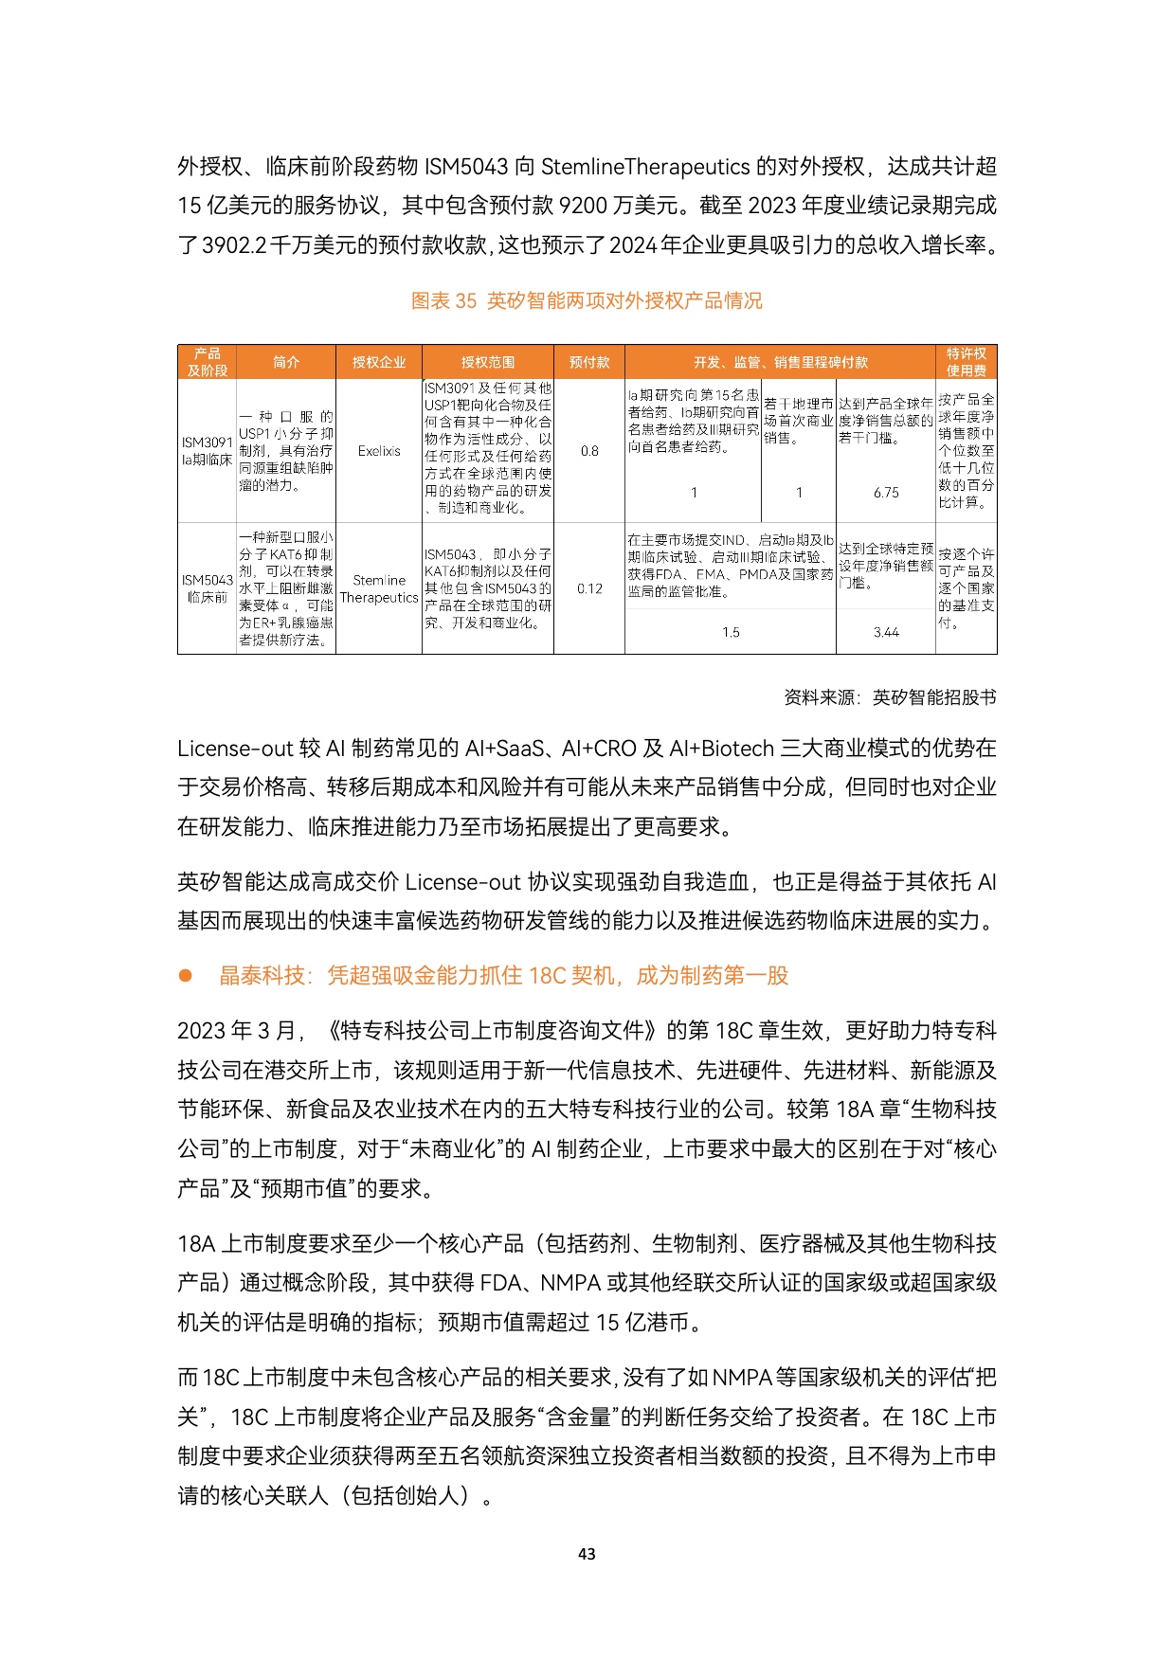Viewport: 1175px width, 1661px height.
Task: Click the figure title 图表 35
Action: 587,300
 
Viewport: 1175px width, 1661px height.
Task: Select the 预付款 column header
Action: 589,362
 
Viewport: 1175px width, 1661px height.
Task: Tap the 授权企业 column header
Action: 379,362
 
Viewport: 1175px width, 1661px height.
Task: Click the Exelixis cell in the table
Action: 379,451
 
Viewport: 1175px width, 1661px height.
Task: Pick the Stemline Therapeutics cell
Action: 379,588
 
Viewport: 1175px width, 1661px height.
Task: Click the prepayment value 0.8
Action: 589,451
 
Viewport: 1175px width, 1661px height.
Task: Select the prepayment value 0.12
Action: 589,588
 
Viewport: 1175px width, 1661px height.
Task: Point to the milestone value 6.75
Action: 886,493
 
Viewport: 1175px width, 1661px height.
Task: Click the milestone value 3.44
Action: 886,632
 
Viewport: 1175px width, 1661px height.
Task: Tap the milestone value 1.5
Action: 731,632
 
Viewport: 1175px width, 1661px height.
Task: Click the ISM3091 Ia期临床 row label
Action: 207,451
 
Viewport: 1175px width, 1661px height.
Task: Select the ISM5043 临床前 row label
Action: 207,588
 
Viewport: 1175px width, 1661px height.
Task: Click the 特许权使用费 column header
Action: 966,362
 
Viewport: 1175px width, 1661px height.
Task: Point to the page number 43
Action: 587,1554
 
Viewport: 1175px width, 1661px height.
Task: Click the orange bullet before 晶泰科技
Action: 186,975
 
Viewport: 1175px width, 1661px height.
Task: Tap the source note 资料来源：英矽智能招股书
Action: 890,697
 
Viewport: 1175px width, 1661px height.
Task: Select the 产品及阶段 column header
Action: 207,362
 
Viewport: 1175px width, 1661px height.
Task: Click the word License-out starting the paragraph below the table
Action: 235,749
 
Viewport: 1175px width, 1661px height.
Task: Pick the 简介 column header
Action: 286,362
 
